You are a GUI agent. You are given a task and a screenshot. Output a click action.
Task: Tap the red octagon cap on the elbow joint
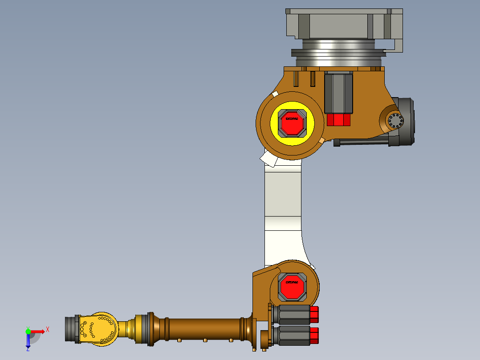[292, 286]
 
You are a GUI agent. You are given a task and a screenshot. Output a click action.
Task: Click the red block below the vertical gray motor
[338, 120]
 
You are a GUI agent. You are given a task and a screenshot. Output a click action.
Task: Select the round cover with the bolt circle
[395, 120]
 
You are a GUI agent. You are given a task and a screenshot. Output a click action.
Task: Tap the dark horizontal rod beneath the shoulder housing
[361, 142]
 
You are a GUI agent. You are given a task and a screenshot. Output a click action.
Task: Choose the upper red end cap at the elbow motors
[314, 315]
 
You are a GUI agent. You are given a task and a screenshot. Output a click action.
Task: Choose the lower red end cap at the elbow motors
[314, 335]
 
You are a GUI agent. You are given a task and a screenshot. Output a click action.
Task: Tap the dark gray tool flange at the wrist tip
[71, 330]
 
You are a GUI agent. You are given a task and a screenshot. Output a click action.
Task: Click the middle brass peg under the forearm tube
[205, 340]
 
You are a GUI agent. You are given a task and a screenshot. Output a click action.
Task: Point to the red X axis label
[48, 329]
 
